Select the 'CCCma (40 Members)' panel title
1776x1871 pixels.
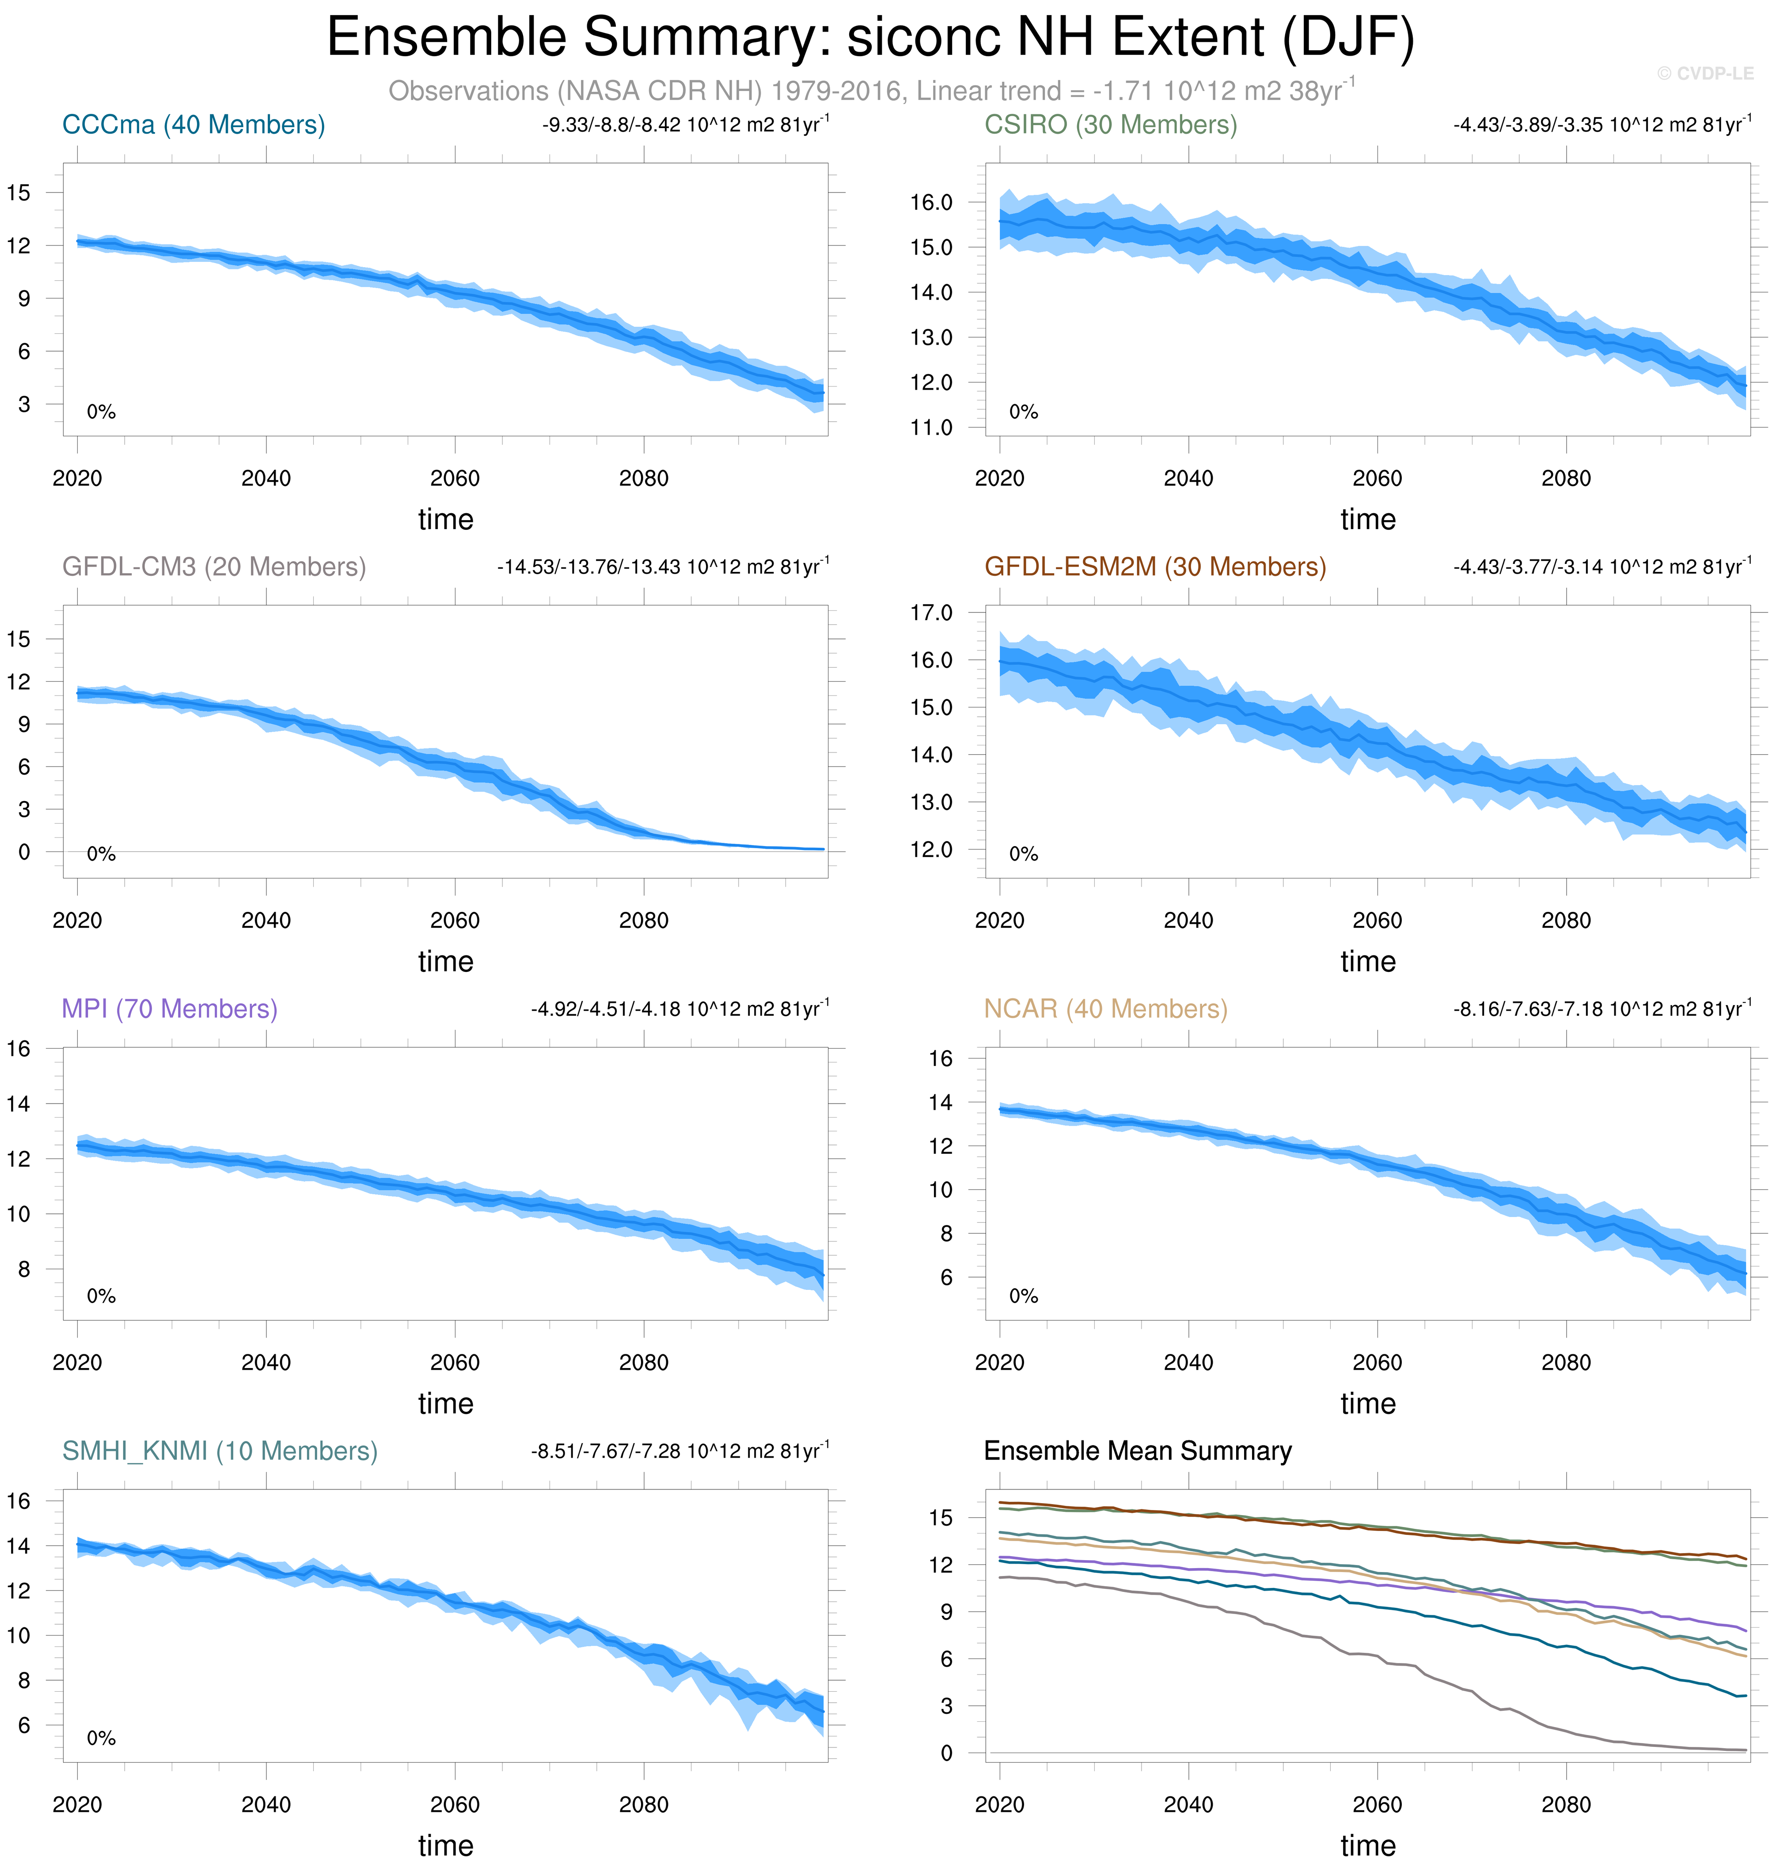193,125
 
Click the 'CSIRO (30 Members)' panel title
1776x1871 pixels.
1111,125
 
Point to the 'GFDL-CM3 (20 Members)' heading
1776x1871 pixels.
214,567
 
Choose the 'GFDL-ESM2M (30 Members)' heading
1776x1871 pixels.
1155,567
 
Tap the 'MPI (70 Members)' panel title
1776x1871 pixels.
170,1009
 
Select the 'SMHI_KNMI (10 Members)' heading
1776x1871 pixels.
220,1451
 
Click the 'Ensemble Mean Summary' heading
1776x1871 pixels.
1137,1451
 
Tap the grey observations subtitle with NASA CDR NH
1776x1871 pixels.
871,91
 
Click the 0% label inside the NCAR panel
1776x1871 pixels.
1023,1296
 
